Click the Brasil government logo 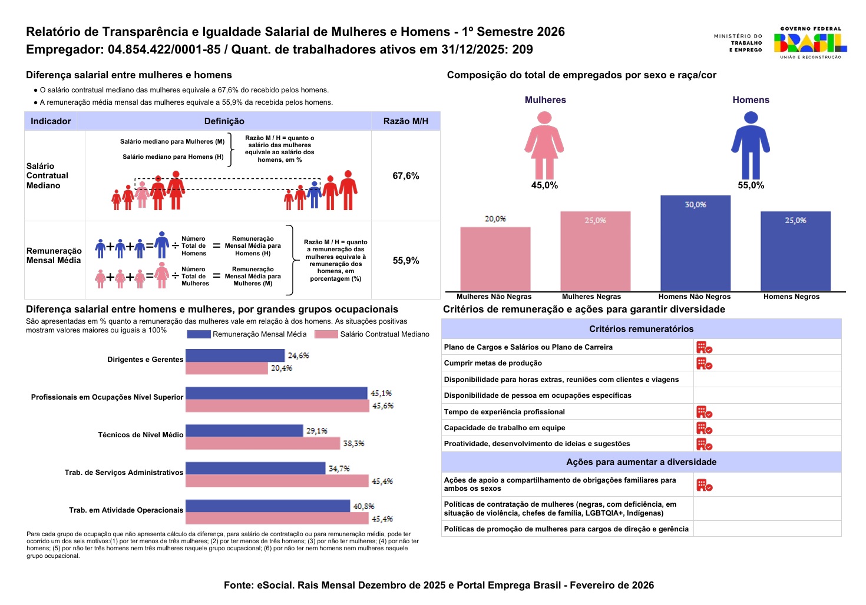click(x=810, y=42)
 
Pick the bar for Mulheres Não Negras click(x=495, y=259)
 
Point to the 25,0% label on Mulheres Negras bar click(x=595, y=221)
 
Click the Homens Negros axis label click(x=791, y=297)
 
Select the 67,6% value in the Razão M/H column click(x=406, y=176)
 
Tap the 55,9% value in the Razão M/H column click(x=406, y=261)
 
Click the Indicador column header click(x=51, y=121)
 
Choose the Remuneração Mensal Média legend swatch click(x=199, y=334)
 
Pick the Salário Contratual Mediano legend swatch click(x=326, y=334)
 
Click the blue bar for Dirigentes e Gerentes click(x=235, y=355)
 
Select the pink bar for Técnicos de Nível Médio click(x=263, y=443)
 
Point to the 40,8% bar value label click(x=363, y=506)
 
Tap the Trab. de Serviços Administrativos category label click(x=124, y=473)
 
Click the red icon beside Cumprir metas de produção click(x=704, y=364)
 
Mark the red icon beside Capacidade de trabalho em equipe click(x=704, y=428)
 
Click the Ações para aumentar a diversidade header click(x=641, y=462)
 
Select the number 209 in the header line click(x=523, y=49)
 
